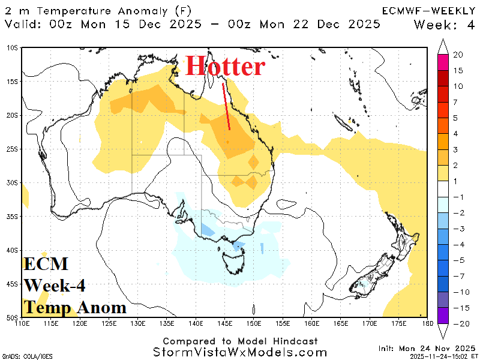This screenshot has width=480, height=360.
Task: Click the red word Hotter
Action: [225, 66]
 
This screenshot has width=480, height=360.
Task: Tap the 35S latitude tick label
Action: [12, 216]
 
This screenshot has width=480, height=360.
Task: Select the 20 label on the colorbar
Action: [458, 55]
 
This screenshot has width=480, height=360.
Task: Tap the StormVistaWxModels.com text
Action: [239, 352]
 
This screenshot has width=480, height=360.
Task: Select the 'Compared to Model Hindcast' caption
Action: [239, 340]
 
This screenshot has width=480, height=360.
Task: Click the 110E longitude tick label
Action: [22, 325]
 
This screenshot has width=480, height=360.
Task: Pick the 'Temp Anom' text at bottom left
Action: [75, 308]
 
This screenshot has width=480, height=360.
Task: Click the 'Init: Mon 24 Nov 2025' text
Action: [426, 348]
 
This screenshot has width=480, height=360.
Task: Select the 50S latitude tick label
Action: [12, 317]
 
